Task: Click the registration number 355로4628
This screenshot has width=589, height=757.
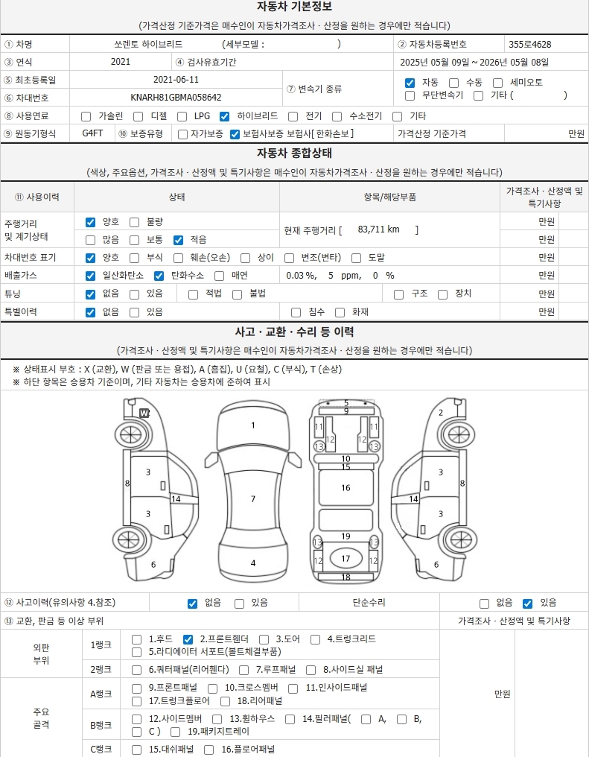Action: [x=529, y=45]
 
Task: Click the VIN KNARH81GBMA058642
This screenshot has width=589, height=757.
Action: [x=176, y=98]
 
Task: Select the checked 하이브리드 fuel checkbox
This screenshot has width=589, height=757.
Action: [x=224, y=116]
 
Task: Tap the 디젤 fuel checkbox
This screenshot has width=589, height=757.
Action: [x=138, y=116]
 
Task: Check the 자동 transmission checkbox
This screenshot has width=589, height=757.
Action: [x=410, y=83]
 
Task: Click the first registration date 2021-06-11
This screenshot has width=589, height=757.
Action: [x=176, y=80]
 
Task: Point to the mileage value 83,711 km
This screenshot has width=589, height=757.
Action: [x=379, y=229]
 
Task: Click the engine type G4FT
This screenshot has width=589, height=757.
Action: [x=92, y=133]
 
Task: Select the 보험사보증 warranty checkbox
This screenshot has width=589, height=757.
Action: [x=235, y=134]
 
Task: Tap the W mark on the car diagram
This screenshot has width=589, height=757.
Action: [x=144, y=414]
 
